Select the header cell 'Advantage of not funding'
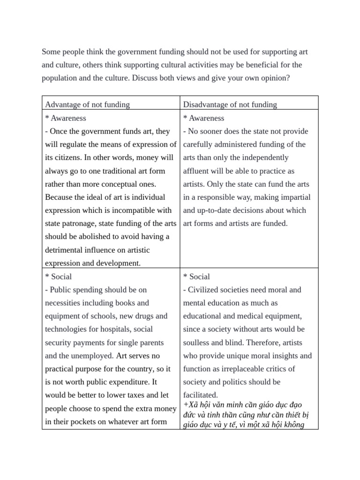point(87,105)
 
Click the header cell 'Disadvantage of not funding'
point(230,105)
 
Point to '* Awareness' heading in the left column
point(66,118)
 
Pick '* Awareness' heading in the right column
point(203,118)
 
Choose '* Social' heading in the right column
point(196,277)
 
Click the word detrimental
point(67,250)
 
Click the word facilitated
point(200,395)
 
